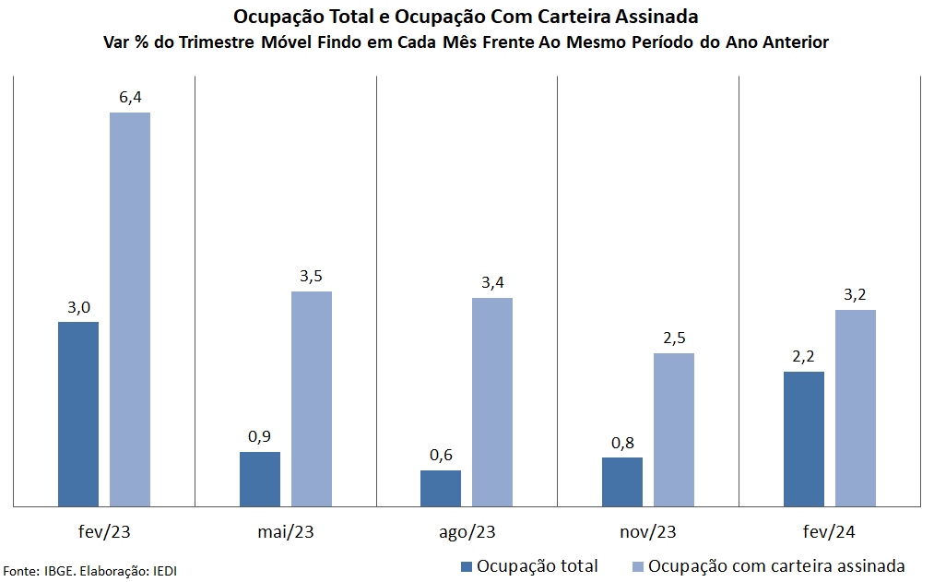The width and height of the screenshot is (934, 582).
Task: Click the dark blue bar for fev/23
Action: (x=78, y=414)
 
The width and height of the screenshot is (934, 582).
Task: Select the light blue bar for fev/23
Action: (x=130, y=310)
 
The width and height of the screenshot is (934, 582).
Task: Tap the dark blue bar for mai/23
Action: (x=260, y=479)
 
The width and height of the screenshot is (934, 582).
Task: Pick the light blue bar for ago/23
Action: (x=492, y=402)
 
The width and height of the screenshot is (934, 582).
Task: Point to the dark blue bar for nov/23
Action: (x=622, y=481)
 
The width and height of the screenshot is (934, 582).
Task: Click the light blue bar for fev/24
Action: (x=856, y=408)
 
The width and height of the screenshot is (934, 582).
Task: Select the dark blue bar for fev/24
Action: (x=804, y=439)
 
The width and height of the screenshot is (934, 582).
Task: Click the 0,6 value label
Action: (x=441, y=455)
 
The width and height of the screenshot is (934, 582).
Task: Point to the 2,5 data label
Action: (x=674, y=338)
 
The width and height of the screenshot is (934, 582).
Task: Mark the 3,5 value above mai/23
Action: (x=312, y=276)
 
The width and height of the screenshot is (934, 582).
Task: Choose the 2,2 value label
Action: (x=804, y=356)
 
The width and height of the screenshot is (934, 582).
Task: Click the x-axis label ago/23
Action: (x=468, y=532)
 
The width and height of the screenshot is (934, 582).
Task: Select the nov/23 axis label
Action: (x=649, y=532)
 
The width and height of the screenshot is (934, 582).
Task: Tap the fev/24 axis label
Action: (x=830, y=532)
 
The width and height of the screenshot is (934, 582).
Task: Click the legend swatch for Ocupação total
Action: (x=467, y=566)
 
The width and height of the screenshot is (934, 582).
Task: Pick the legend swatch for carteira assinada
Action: (x=638, y=566)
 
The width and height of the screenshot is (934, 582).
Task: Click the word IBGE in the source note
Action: (x=60, y=571)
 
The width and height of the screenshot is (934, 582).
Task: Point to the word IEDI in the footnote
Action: (x=163, y=571)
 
